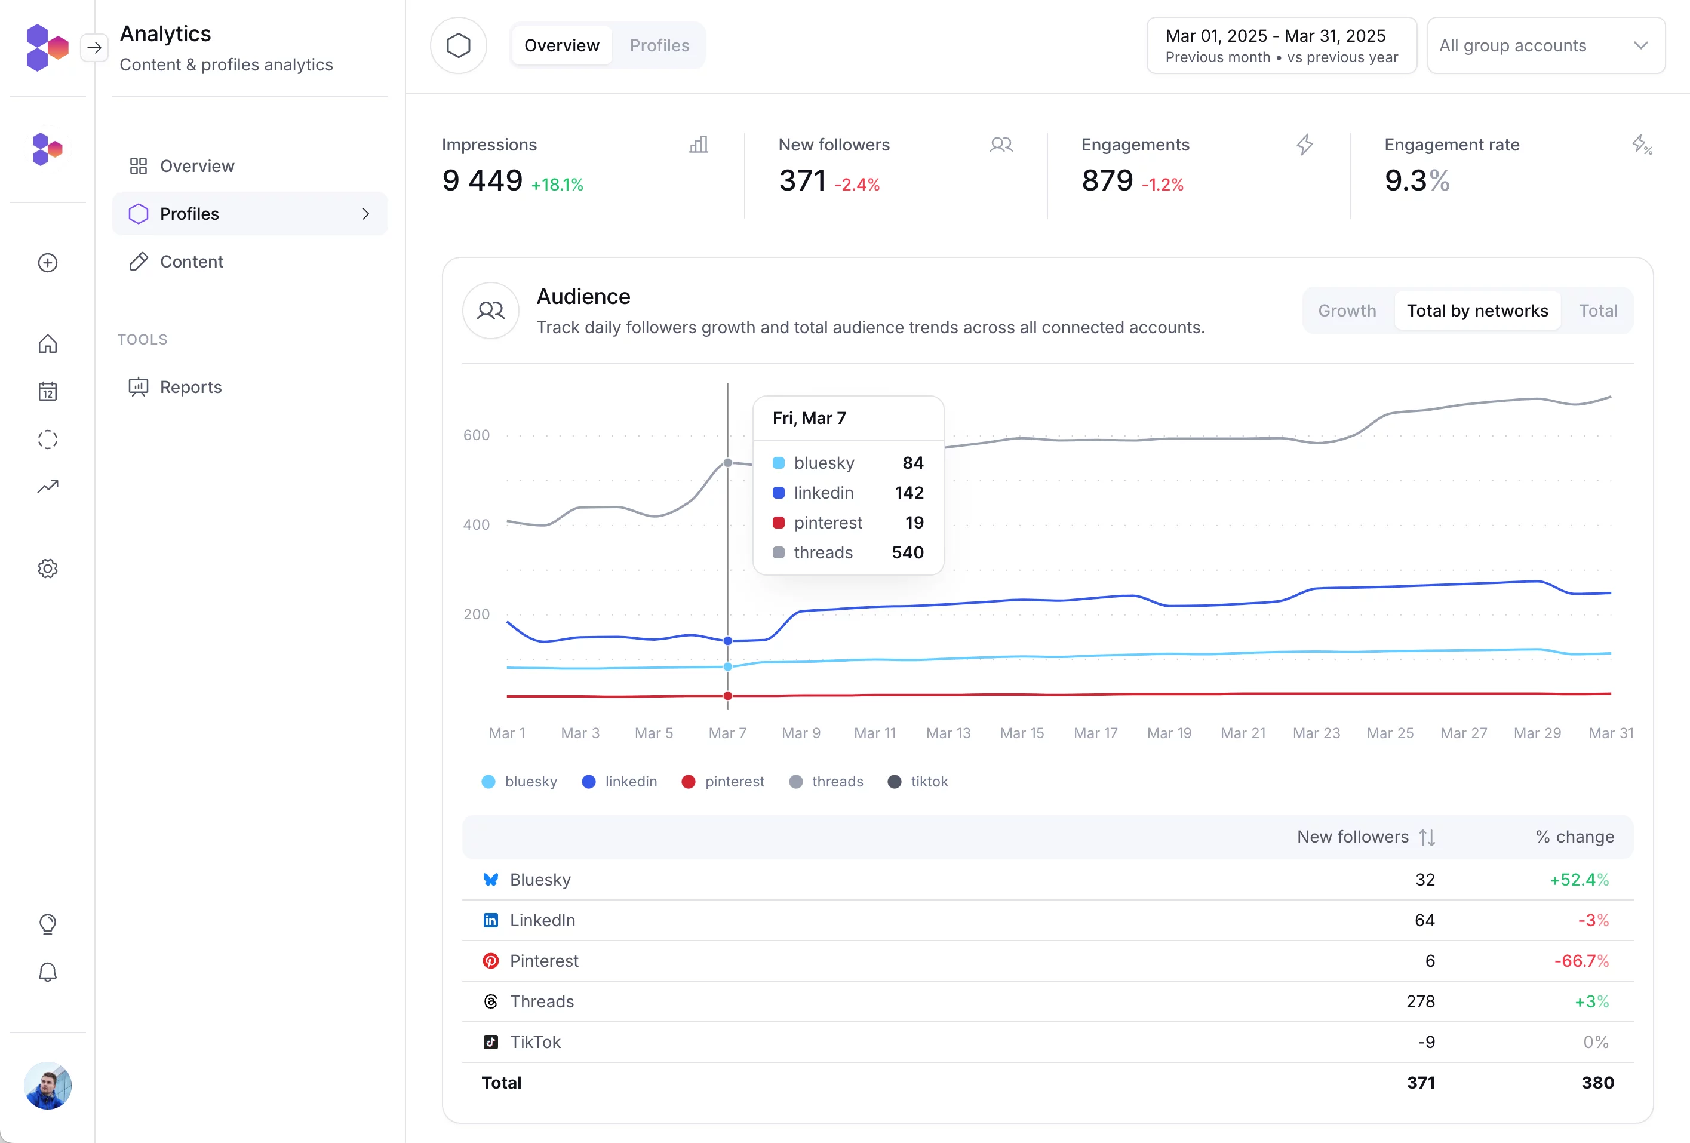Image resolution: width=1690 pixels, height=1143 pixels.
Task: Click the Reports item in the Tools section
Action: [190, 387]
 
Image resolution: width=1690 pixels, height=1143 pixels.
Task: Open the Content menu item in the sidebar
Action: [191, 262]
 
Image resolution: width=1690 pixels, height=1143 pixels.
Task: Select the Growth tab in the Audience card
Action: [1347, 311]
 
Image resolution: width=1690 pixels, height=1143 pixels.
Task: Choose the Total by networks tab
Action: [1477, 311]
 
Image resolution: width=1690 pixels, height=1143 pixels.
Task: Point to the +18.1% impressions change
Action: [557, 185]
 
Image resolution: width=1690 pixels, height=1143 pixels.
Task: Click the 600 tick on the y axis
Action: [477, 435]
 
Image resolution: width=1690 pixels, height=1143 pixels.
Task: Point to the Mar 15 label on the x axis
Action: [1022, 733]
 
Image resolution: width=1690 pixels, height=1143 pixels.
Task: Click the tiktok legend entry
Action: [918, 782]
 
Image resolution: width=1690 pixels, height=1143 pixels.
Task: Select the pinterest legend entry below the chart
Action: [724, 782]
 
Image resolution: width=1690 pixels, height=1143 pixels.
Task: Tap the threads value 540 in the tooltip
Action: [908, 552]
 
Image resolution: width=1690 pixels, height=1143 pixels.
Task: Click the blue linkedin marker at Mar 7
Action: [728, 641]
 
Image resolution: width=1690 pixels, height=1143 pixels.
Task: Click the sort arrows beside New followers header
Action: [1427, 838]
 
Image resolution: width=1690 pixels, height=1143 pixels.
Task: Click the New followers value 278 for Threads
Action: [1420, 1001]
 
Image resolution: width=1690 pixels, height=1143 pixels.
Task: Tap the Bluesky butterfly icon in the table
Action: [491, 880]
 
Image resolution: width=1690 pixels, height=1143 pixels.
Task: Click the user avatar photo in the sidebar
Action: [48, 1085]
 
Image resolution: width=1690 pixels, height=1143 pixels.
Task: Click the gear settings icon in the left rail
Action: [48, 569]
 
